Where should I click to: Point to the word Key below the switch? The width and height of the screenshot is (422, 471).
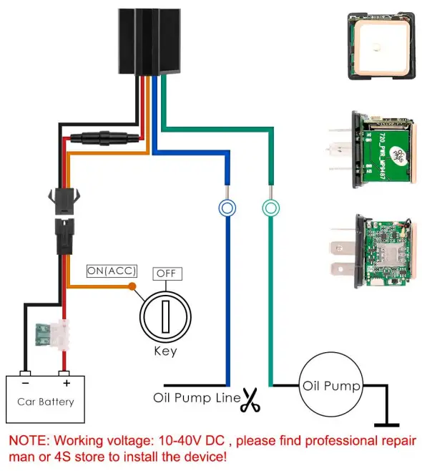point(165,351)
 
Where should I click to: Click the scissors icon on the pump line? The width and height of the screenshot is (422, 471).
point(250,399)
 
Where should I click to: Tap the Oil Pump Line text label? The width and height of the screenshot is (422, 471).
point(196,397)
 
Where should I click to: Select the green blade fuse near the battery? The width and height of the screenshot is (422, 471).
point(54,333)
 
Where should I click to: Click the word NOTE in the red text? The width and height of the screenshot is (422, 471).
point(27,440)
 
